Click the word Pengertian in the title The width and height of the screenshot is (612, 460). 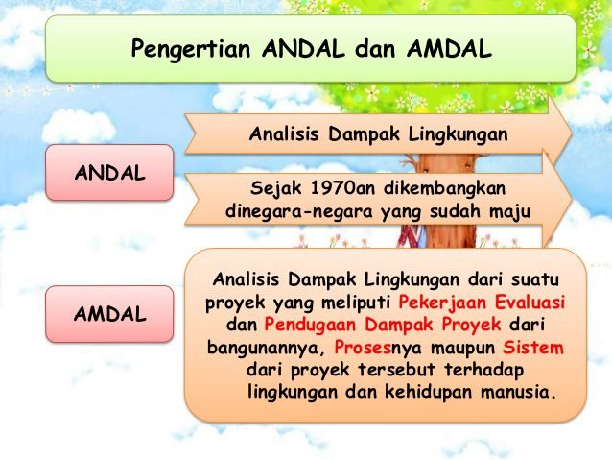click(x=191, y=50)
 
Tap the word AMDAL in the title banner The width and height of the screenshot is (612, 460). click(x=449, y=49)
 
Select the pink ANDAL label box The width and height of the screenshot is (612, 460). click(x=109, y=172)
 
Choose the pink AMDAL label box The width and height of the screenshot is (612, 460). click(x=109, y=314)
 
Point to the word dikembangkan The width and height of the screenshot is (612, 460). click(x=444, y=188)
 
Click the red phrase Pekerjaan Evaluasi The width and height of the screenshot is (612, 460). click(x=482, y=303)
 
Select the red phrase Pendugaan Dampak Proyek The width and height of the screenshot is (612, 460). click(x=383, y=325)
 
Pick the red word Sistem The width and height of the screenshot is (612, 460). click(x=533, y=347)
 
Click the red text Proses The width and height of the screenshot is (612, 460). click(x=363, y=348)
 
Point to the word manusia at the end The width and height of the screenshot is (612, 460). click(x=518, y=392)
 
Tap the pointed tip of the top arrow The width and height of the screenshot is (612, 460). click(x=572, y=133)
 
